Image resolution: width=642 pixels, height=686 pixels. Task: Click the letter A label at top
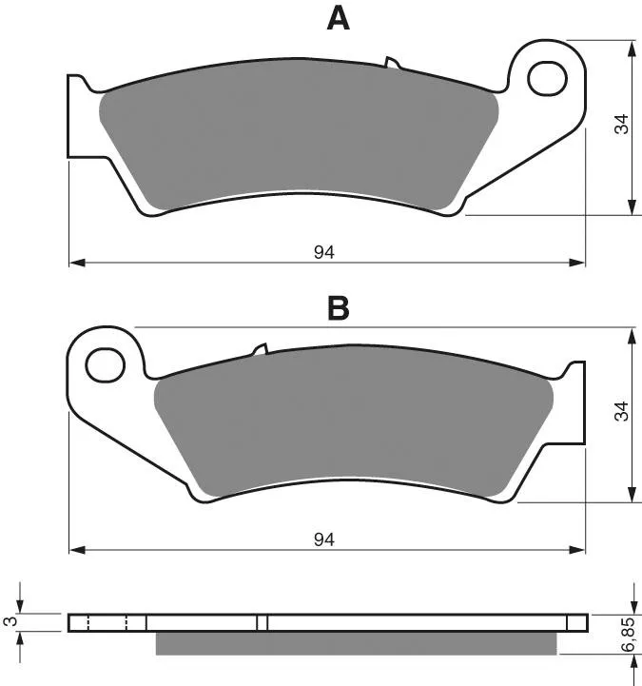tap(338, 20)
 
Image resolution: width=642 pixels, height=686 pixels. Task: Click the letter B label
tap(339, 308)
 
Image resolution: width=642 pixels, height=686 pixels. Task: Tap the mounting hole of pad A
tap(547, 79)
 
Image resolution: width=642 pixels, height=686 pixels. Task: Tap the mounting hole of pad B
tap(106, 364)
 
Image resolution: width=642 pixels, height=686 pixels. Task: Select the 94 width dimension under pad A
tap(324, 252)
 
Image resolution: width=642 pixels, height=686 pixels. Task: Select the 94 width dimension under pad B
tap(324, 539)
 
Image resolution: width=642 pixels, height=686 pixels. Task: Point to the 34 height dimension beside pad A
tap(621, 124)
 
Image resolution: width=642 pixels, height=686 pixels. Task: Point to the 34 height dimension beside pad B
tap(621, 411)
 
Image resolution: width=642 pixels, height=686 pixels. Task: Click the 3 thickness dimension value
tap(9, 621)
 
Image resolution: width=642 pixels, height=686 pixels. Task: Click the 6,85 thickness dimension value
tap(628, 635)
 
